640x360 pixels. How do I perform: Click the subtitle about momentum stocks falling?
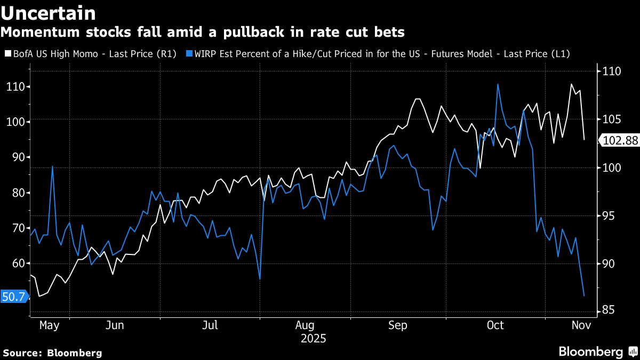click(202, 33)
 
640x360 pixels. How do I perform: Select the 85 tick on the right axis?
click(607, 311)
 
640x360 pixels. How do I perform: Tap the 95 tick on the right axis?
click(607, 215)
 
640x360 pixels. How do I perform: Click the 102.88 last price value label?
click(619, 141)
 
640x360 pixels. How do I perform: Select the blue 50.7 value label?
click(13, 297)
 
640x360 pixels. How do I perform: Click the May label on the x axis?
click(49, 325)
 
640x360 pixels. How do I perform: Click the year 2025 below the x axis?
click(313, 338)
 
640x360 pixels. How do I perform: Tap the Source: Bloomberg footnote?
click(52, 353)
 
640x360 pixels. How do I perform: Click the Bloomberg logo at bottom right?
click(597, 351)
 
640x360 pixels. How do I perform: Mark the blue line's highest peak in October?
click(498, 84)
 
